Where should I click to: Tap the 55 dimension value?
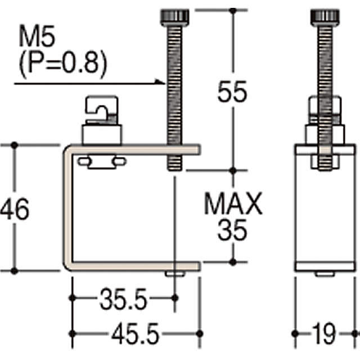tap(232, 92)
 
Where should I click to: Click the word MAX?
tap(233, 204)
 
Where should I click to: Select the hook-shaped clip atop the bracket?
tap(101, 110)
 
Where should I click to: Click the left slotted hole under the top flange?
tap(85, 162)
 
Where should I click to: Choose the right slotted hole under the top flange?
tap(119, 162)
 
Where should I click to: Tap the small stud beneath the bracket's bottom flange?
tap(175, 273)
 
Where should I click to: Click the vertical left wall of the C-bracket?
tap(66, 208)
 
